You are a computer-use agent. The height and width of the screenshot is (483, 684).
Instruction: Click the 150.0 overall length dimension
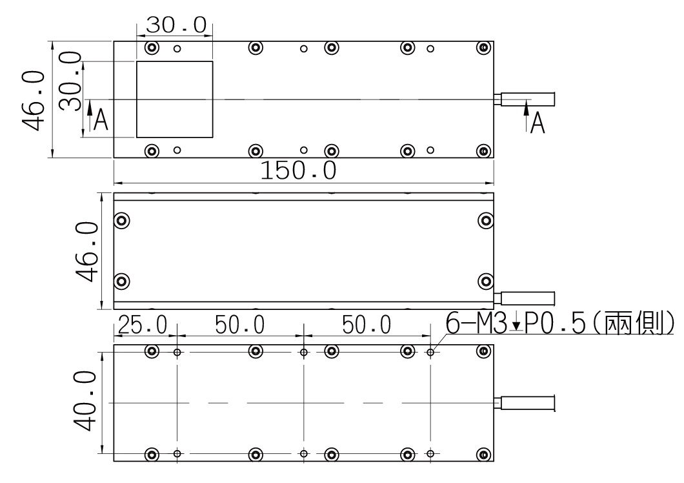pos(298,170)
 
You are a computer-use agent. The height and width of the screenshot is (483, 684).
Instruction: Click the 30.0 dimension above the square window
pos(176,25)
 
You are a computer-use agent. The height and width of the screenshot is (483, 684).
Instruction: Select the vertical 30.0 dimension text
pos(71,81)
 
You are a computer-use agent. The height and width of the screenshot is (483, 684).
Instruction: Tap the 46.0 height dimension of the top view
pos(34,101)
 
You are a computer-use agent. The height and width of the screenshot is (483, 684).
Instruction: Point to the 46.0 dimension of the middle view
pos(87,252)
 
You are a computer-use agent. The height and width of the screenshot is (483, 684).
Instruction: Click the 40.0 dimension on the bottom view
pos(85,401)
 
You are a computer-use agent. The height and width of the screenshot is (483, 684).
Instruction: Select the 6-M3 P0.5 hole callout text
pos(560,323)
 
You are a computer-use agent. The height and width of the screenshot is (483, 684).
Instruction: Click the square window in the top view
pos(174,99)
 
